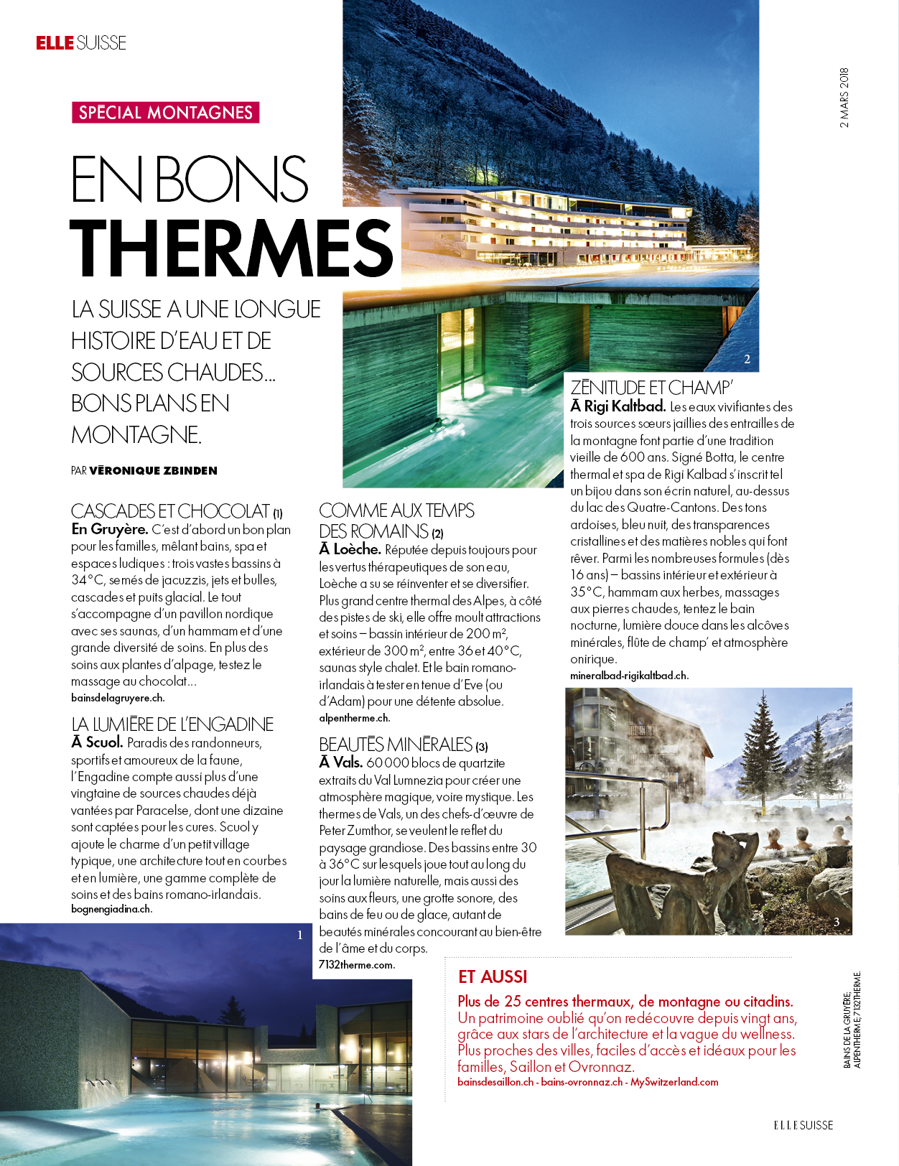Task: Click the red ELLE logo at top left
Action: tap(55, 43)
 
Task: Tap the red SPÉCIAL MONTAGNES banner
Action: tap(165, 113)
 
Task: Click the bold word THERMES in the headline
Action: tap(232, 248)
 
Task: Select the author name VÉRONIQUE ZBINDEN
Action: tap(153, 471)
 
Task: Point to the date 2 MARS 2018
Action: tap(844, 98)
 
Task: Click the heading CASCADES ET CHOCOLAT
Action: tap(170, 511)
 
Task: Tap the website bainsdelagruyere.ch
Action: tap(118, 698)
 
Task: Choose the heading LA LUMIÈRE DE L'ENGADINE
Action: tap(172, 724)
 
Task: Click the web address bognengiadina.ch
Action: tap(111, 909)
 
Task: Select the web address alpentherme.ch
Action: tap(355, 718)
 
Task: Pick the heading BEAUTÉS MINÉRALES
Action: tap(396, 745)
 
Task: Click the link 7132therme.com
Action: tap(356, 965)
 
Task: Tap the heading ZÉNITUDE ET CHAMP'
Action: tap(651, 388)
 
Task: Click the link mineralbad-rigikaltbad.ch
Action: tap(629, 676)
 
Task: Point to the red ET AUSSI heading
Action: tap(493, 977)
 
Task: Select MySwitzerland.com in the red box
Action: tap(674, 1082)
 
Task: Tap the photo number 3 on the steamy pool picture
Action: tap(837, 922)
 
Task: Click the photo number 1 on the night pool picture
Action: tap(300, 935)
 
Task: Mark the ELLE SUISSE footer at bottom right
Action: tap(803, 1125)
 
